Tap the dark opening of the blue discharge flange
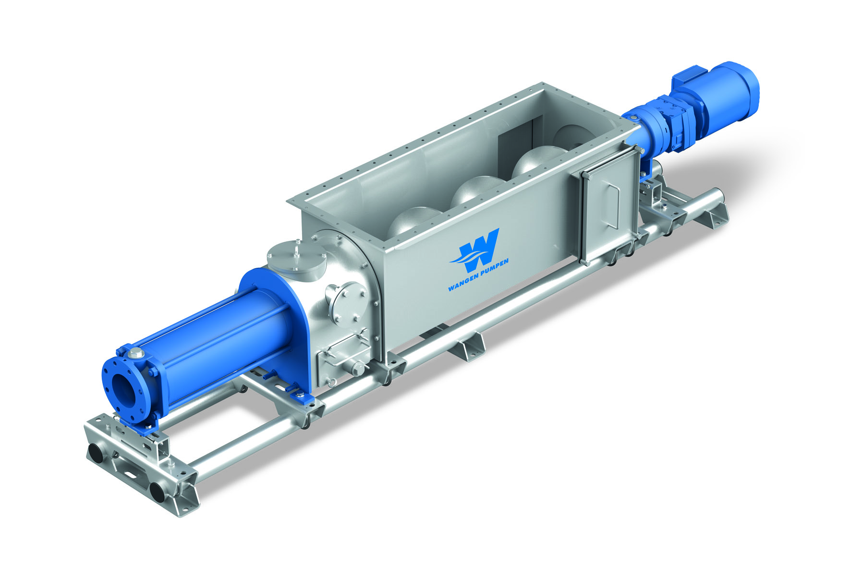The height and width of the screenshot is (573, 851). [x=122, y=387]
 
